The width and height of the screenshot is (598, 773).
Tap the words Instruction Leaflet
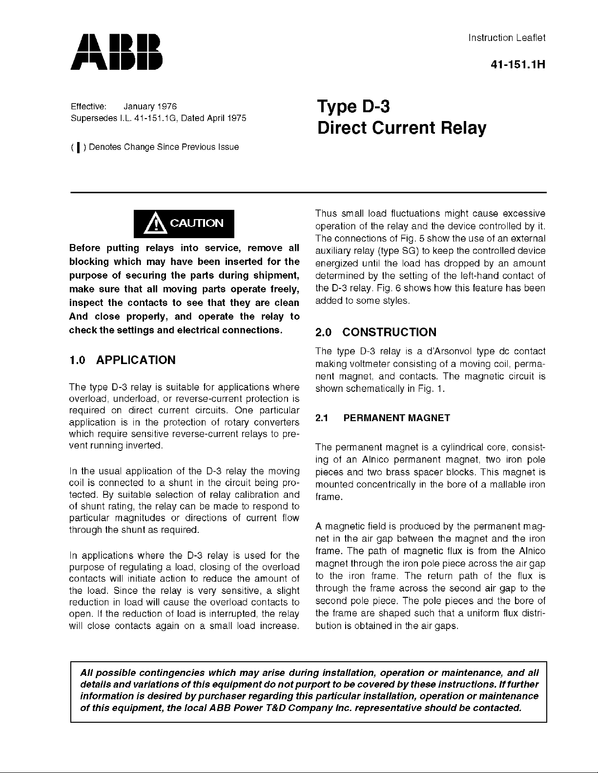coord(507,38)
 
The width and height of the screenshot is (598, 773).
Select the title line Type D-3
coord(354,106)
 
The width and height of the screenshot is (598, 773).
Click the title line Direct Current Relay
coord(402,128)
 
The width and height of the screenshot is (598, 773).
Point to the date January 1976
coord(150,106)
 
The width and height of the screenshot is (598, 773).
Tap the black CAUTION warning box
coord(185,224)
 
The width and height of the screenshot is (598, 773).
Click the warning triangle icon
coord(156,224)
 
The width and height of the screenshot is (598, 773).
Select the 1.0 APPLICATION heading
coord(123,360)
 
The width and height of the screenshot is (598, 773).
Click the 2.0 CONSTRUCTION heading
coord(376,332)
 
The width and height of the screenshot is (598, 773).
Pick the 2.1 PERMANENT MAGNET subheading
coord(383,418)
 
